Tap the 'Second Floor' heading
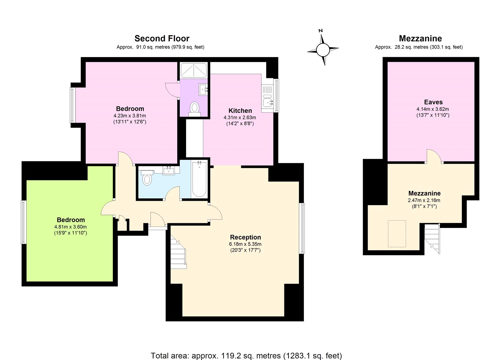coord(162,38)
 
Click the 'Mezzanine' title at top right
coord(420,38)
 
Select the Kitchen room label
coord(240,111)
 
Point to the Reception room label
coord(245,237)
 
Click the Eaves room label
coord(433,102)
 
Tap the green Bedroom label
coord(71,220)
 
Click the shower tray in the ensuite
coord(194,70)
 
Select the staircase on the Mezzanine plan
coord(432,238)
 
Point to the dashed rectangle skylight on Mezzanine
coord(397,234)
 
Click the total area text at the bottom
coord(246,355)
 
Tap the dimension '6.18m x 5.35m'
coord(245,244)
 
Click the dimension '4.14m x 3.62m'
coord(433,109)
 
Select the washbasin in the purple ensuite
coord(203,89)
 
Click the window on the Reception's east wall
coord(302,228)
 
